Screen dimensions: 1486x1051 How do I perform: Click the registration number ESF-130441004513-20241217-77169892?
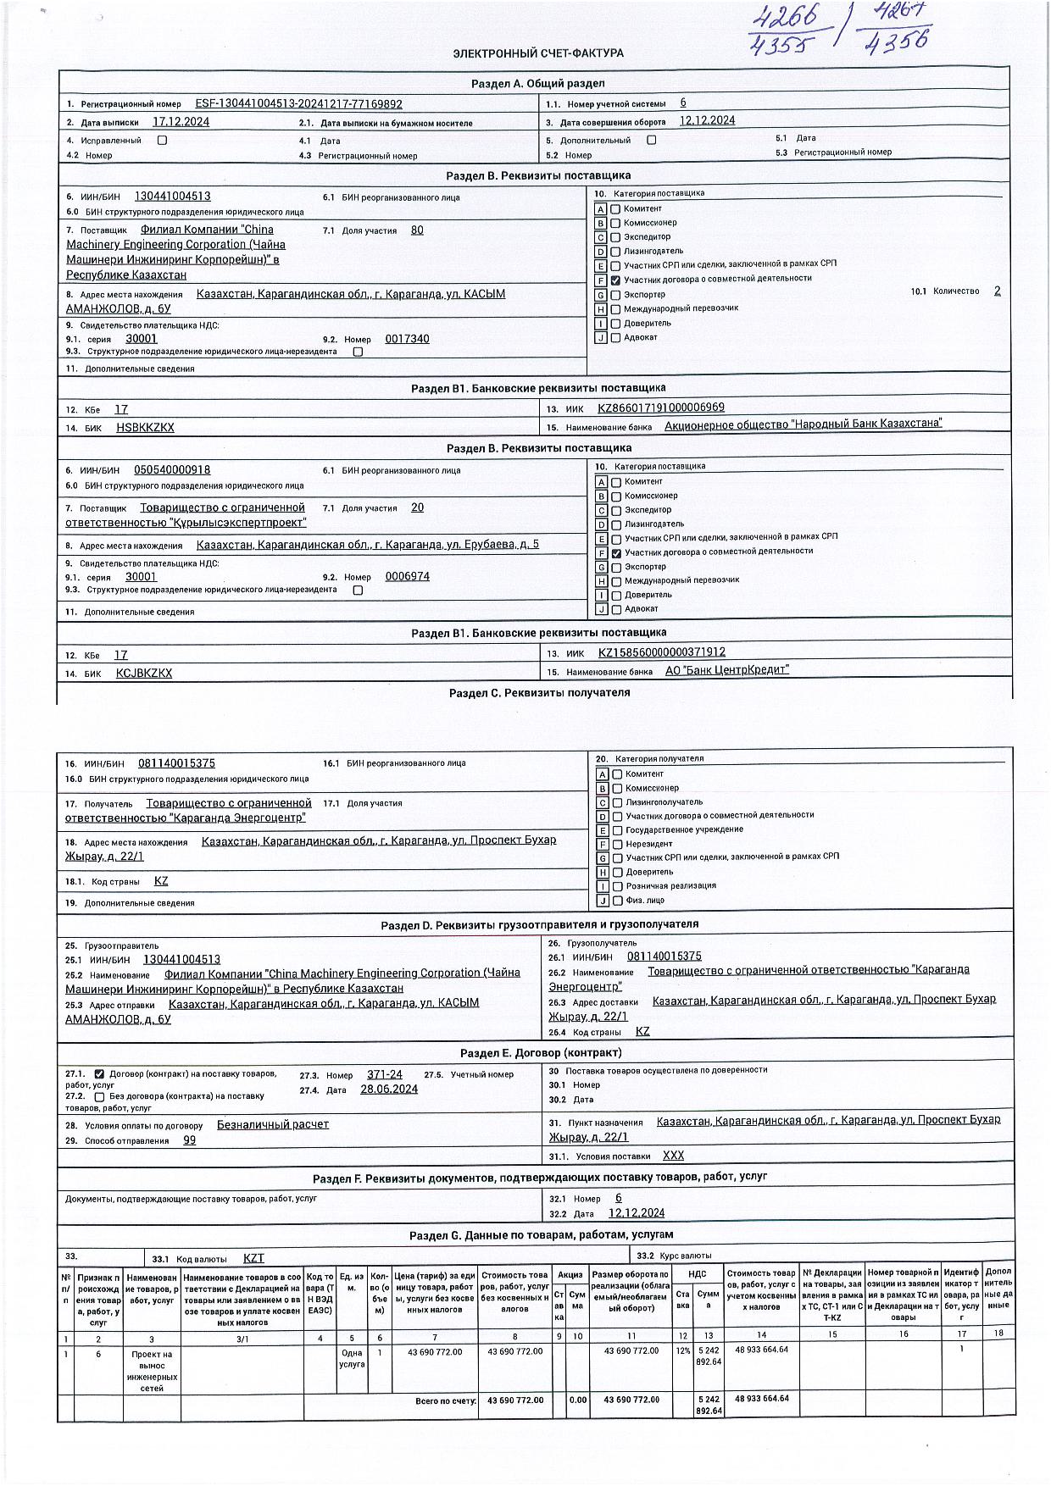click(x=298, y=104)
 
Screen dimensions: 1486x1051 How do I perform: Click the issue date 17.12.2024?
click(x=181, y=122)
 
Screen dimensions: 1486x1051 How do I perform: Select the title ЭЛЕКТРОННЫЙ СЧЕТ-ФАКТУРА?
click(x=538, y=53)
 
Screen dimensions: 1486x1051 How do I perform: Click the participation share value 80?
click(x=417, y=230)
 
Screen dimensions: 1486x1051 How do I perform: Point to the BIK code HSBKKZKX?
click(x=145, y=428)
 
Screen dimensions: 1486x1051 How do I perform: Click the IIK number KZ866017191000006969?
click(x=661, y=408)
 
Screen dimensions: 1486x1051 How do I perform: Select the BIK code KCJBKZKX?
click(x=144, y=673)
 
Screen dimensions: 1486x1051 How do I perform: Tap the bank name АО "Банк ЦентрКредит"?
click(x=726, y=670)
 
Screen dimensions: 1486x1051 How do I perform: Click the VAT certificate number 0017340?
click(x=407, y=339)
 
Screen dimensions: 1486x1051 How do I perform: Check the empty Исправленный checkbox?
click(x=162, y=141)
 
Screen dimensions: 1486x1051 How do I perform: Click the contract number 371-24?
click(x=385, y=1074)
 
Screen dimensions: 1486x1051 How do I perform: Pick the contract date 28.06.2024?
click(x=389, y=1090)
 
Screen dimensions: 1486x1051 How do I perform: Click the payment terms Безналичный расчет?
click(x=273, y=1124)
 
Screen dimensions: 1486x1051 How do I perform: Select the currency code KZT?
click(x=253, y=1258)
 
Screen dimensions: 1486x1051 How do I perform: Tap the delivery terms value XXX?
click(x=673, y=1156)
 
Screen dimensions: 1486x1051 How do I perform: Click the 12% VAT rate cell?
click(x=682, y=1350)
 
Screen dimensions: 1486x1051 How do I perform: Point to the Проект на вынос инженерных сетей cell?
click(x=152, y=1371)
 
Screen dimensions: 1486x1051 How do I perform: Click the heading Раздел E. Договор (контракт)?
click(x=541, y=1053)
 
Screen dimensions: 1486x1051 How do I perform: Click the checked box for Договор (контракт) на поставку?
click(x=99, y=1074)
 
